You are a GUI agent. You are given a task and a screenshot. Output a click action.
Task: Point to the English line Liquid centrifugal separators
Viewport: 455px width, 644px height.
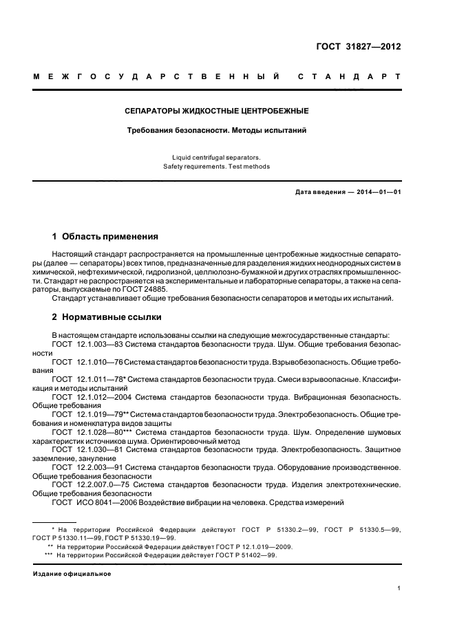(217, 157)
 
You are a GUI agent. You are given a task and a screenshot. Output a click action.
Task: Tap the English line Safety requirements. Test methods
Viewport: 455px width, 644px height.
(217, 167)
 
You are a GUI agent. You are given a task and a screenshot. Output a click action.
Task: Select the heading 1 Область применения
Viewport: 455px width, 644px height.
(105, 236)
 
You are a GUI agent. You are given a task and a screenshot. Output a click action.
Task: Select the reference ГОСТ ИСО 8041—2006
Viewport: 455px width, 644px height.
(93, 503)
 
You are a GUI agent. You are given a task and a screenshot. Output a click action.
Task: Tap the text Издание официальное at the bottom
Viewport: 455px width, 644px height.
(72, 574)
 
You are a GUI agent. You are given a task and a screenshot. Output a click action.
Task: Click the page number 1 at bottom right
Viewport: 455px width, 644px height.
(399, 588)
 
